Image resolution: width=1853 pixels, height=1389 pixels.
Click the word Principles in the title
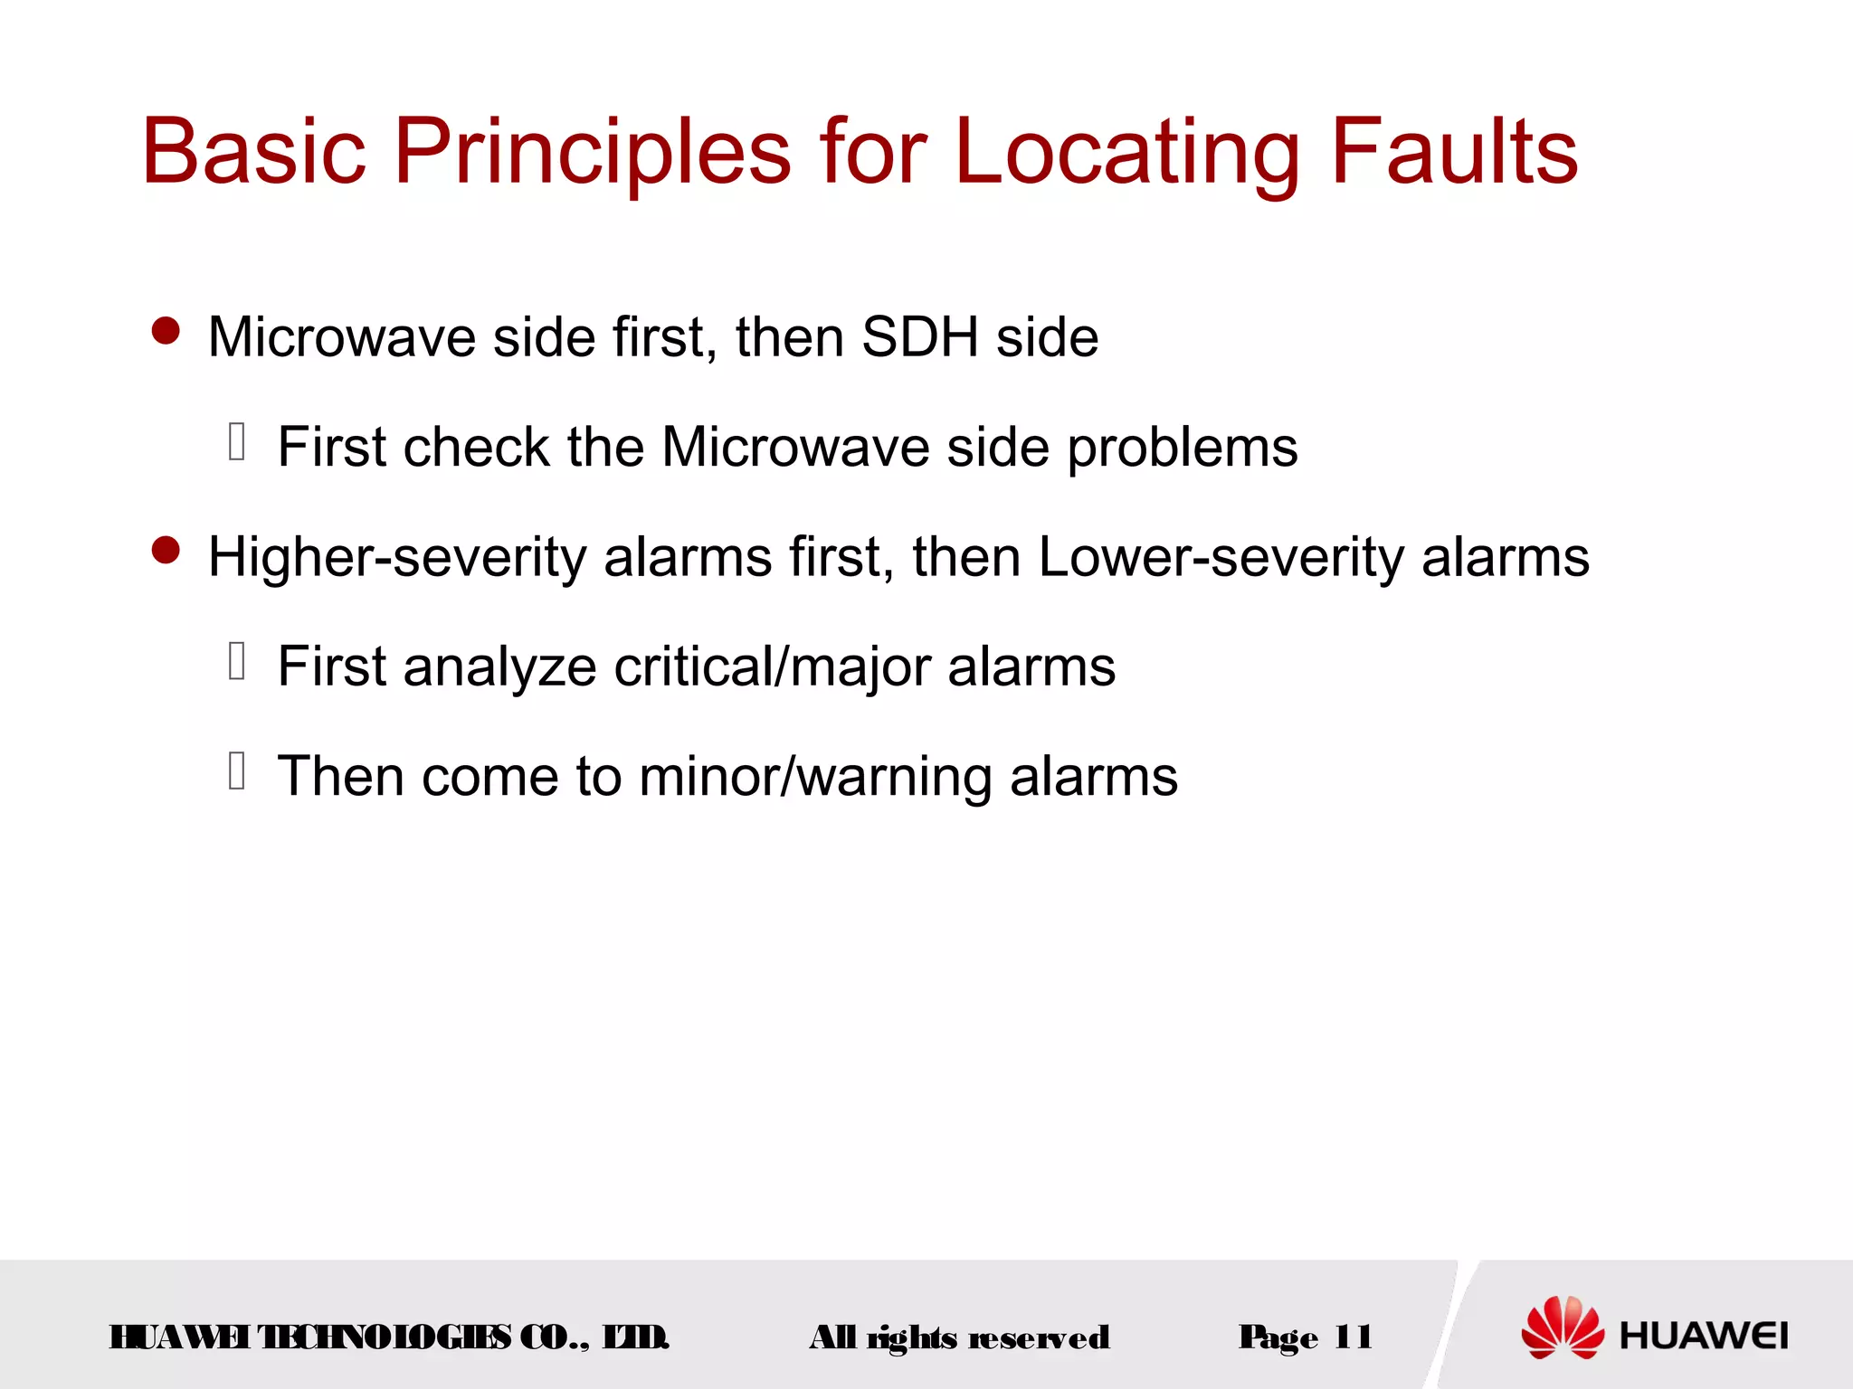(593, 152)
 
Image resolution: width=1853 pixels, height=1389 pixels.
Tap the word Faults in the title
(1454, 152)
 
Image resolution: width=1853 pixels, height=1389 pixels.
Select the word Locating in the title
(1126, 152)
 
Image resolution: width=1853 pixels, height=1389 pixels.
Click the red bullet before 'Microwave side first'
(166, 331)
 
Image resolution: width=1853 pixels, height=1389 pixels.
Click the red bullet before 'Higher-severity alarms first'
(166, 550)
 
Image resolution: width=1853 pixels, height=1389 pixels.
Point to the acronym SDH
(919, 337)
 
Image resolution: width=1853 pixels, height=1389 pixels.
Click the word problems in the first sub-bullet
(1183, 448)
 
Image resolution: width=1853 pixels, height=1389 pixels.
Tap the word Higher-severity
(397, 557)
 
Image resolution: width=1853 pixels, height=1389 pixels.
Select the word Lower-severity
(1221, 557)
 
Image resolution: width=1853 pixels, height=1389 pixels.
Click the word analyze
(499, 667)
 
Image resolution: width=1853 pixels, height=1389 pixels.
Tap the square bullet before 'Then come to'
(237, 770)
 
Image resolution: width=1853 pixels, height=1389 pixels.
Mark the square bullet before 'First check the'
(237, 441)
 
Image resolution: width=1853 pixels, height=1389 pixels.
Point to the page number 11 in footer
(1353, 1337)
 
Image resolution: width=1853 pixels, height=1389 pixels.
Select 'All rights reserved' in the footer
(959, 1337)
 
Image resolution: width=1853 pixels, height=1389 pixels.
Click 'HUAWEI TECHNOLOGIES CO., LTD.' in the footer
(389, 1337)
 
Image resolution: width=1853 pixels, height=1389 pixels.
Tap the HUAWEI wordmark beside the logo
(1704, 1336)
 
